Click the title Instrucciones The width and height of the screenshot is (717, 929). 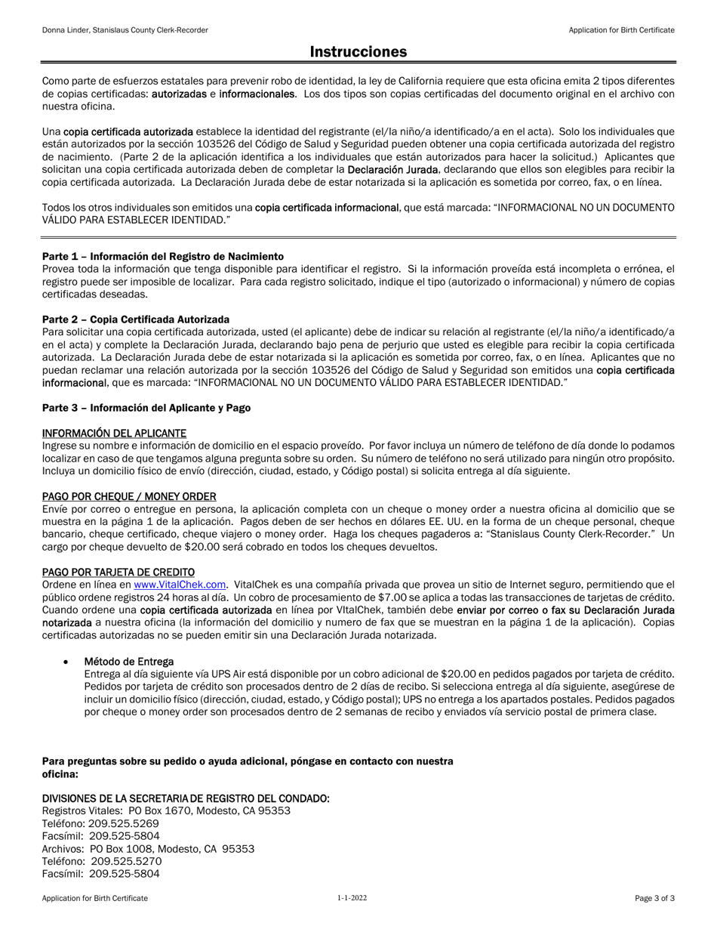click(x=358, y=51)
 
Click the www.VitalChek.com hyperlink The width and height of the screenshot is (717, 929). click(x=180, y=585)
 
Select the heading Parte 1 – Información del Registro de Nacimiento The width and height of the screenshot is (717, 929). click(x=163, y=256)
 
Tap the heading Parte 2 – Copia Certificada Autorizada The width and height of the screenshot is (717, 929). click(x=136, y=319)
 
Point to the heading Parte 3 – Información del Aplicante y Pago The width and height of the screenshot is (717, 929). click(x=146, y=408)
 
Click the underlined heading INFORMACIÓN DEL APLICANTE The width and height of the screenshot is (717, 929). click(x=114, y=433)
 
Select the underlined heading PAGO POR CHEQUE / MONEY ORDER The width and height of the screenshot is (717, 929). click(x=129, y=496)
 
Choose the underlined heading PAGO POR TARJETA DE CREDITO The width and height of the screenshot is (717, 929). click(x=118, y=572)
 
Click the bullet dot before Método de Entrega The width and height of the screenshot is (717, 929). click(x=66, y=662)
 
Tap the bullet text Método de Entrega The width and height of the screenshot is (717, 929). click(x=129, y=661)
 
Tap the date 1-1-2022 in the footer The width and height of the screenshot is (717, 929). click(x=352, y=898)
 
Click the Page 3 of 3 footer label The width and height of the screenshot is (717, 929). click(x=654, y=898)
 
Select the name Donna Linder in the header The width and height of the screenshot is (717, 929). click(x=64, y=30)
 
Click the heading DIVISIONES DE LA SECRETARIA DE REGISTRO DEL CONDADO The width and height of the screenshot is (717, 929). click(x=186, y=798)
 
